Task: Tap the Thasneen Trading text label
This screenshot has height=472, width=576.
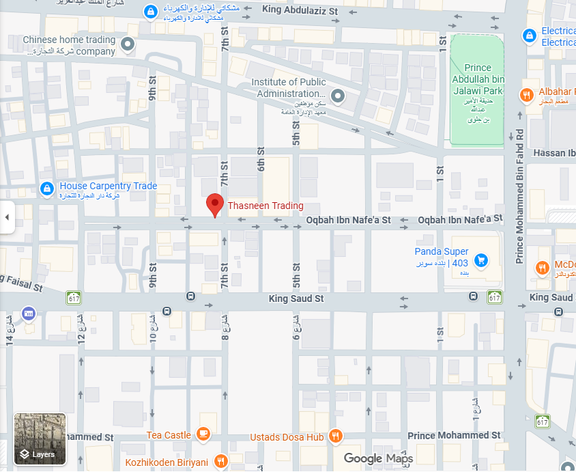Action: [265, 206]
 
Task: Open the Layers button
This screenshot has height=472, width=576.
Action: [40, 439]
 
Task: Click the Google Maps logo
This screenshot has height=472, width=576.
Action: [378, 458]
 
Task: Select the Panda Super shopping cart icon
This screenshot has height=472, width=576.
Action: [481, 260]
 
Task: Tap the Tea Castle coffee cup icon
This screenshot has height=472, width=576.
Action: [203, 434]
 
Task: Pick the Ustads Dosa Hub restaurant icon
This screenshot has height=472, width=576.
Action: [335, 436]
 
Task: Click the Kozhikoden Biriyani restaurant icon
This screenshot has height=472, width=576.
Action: [220, 462]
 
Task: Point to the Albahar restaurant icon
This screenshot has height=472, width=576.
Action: [527, 95]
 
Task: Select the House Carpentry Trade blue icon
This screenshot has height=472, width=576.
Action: [46, 189]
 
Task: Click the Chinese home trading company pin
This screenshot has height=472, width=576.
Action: [127, 45]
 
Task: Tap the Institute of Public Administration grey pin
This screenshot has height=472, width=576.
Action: [336, 96]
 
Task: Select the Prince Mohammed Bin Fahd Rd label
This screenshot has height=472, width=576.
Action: [519, 195]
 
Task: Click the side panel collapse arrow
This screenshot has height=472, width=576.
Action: [7, 217]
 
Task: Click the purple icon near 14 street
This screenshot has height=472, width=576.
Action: [29, 314]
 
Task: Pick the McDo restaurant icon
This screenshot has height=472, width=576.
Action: [543, 267]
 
